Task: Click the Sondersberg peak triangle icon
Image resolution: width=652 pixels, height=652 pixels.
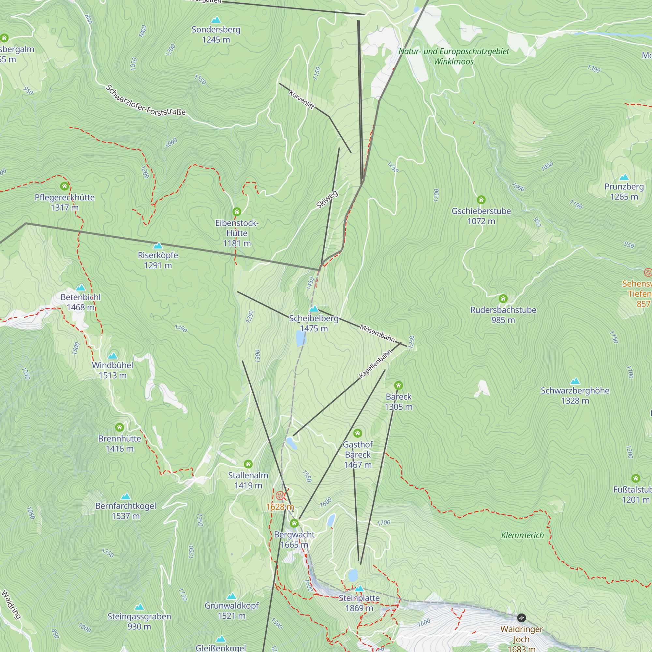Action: [x=216, y=20]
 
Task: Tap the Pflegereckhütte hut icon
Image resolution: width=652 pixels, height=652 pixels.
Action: [x=65, y=186]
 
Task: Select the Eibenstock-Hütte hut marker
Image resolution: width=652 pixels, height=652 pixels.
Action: [x=237, y=212]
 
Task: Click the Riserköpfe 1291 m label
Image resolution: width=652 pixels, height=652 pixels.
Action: [x=158, y=260]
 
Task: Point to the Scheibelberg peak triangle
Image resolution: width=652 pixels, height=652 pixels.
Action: [x=314, y=309]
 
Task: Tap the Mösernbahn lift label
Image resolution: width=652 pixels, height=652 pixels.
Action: [x=377, y=333]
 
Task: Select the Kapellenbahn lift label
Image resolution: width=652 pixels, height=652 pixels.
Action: [x=375, y=364]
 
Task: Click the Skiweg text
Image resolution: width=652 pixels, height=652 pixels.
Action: [x=327, y=200]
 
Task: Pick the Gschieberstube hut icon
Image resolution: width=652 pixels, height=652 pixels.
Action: [x=481, y=200]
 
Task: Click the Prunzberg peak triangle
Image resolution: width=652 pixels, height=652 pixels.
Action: [x=624, y=177]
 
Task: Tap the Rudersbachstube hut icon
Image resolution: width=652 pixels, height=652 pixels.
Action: [x=503, y=298]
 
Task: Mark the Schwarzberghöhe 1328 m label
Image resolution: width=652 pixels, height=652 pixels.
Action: [x=575, y=395]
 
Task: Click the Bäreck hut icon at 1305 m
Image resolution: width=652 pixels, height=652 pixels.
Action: [x=398, y=385]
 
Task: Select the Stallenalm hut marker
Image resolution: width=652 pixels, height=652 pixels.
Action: [x=248, y=464]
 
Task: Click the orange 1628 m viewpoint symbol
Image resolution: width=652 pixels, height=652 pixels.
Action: [x=280, y=496]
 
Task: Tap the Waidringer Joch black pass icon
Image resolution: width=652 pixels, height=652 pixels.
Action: [x=521, y=618]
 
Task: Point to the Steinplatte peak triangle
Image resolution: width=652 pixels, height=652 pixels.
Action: [x=359, y=588]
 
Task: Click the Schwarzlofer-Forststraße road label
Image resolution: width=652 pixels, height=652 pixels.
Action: [x=145, y=100]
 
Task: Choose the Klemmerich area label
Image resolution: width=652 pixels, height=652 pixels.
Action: [x=522, y=535]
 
